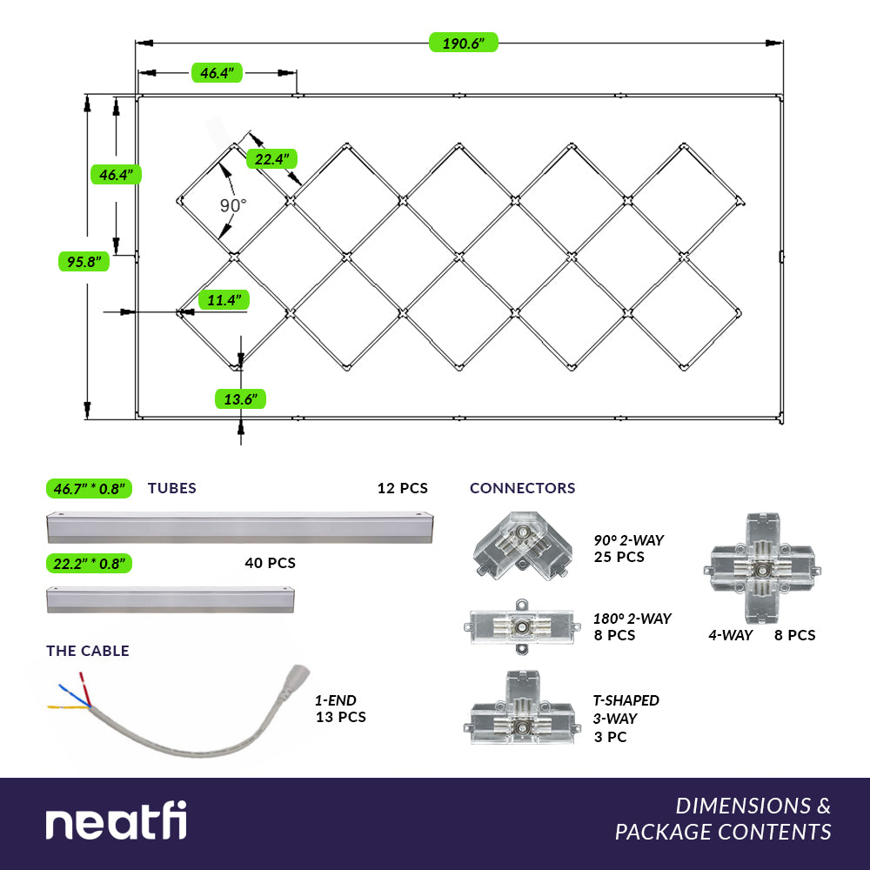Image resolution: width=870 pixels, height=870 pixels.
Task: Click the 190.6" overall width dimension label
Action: [463, 43]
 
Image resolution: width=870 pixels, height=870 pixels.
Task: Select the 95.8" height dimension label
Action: [84, 261]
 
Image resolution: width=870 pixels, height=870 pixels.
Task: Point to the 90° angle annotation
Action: [233, 205]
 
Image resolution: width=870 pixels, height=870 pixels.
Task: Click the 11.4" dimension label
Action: [224, 300]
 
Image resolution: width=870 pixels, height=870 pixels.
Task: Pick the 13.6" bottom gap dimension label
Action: [240, 398]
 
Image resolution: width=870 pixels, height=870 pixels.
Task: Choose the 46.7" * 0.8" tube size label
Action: [89, 488]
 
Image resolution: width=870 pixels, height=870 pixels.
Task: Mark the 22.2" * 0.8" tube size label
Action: [89, 563]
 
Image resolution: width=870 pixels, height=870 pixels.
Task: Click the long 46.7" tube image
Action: [240, 527]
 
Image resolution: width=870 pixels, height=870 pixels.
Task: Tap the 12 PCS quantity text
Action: [402, 488]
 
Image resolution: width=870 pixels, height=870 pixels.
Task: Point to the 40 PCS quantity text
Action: [270, 563]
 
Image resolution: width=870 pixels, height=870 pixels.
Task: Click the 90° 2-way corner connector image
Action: [524, 545]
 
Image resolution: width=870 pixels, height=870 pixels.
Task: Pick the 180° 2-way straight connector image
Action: [522, 626]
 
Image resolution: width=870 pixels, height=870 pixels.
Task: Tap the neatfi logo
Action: [116, 823]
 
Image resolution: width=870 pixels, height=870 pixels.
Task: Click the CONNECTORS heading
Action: [522, 488]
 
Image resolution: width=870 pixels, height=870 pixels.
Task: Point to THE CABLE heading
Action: [88, 651]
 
